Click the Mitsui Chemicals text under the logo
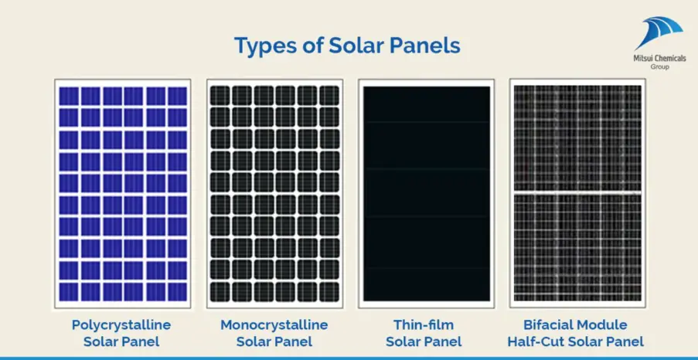tap(659, 59)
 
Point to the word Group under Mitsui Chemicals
tap(659, 67)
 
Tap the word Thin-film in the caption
tap(424, 325)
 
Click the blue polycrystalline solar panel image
tap(123, 193)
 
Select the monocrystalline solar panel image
tap(274, 193)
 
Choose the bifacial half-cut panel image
tap(577, 193)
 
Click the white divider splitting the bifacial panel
tap(577, 192)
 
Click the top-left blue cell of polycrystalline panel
tap(70, 96)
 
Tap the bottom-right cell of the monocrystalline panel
tap(329, 291)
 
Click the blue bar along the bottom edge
tap(349, 358)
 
